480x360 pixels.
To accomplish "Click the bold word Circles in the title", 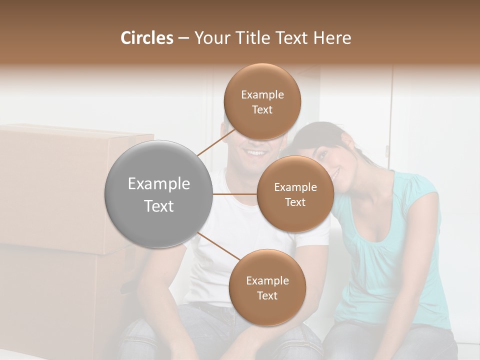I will tap(146, 38).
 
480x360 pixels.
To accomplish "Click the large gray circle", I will tap(158, 194).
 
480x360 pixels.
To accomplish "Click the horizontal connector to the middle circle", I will tap(235, 194).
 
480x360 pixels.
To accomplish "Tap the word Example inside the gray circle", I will tap(158, 184).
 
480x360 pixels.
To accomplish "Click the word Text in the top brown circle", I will tap(262, 110).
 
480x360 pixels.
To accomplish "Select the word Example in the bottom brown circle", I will tap(267, 281).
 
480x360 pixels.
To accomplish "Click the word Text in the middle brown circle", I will tap(295, 202).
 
